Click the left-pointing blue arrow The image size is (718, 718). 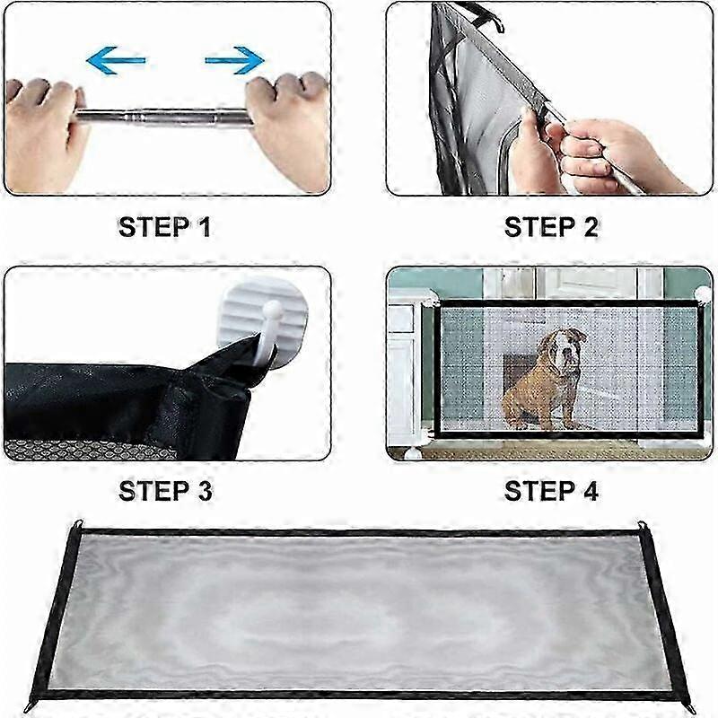[x=116, y=60]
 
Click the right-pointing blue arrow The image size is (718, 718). [x=234, y=60]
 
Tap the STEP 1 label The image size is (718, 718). [x=165, y=227]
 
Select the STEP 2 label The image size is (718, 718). [x=551, y=227]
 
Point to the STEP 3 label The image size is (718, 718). [x=165, y=490]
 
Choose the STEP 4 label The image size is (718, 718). [x=551, y=490]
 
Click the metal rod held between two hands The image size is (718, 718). [x=163, y=117]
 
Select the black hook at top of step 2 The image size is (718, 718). [x=486, y=17]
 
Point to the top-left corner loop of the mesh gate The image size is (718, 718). [x=79, y=525]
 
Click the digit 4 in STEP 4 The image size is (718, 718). [x=591, y=490]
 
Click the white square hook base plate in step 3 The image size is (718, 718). [x=263, y=320]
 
